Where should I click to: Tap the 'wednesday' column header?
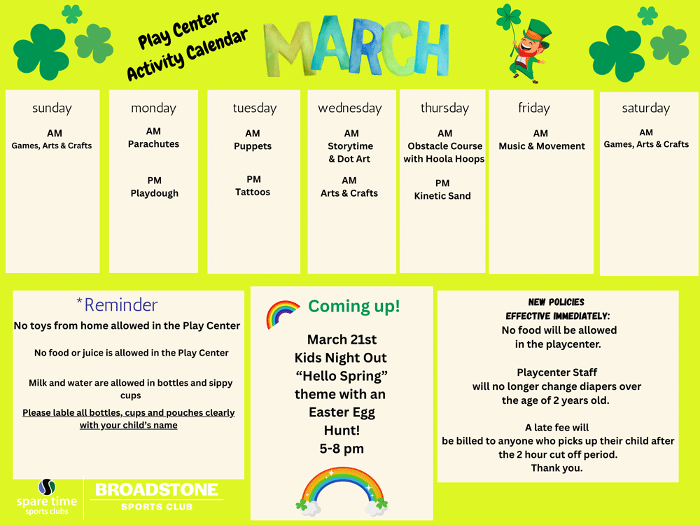click(x=350, y=108)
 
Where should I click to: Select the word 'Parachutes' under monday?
click(x=153, y=144)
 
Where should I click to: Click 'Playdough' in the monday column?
click(x=155, y=194)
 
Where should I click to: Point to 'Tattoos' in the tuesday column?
click(x=253, y=192)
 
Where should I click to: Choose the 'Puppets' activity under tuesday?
click(x=253, y=146)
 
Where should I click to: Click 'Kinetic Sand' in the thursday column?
click(x=442, y=196)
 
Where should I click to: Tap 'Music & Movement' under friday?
click(x=542, y=146)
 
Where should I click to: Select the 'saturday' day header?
click(x=646, y=108)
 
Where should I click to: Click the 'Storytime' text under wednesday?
click(x=351, y=146)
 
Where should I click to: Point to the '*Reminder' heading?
click(x=117, y=305)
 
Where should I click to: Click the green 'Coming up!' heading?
click(x=354, y=307)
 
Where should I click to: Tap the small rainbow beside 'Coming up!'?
click(x=281, y=314)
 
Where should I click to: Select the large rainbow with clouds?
click(x=342, y=491)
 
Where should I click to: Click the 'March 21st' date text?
click(x=342, y=339)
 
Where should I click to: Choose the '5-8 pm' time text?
click(x=342, y=449)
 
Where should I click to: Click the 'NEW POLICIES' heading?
click(x=556, y=302)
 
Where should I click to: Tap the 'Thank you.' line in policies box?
click(x=556, y=468)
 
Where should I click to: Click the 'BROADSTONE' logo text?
click(x=157, y=490)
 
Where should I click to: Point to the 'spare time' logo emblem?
click(x=46, y=486)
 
